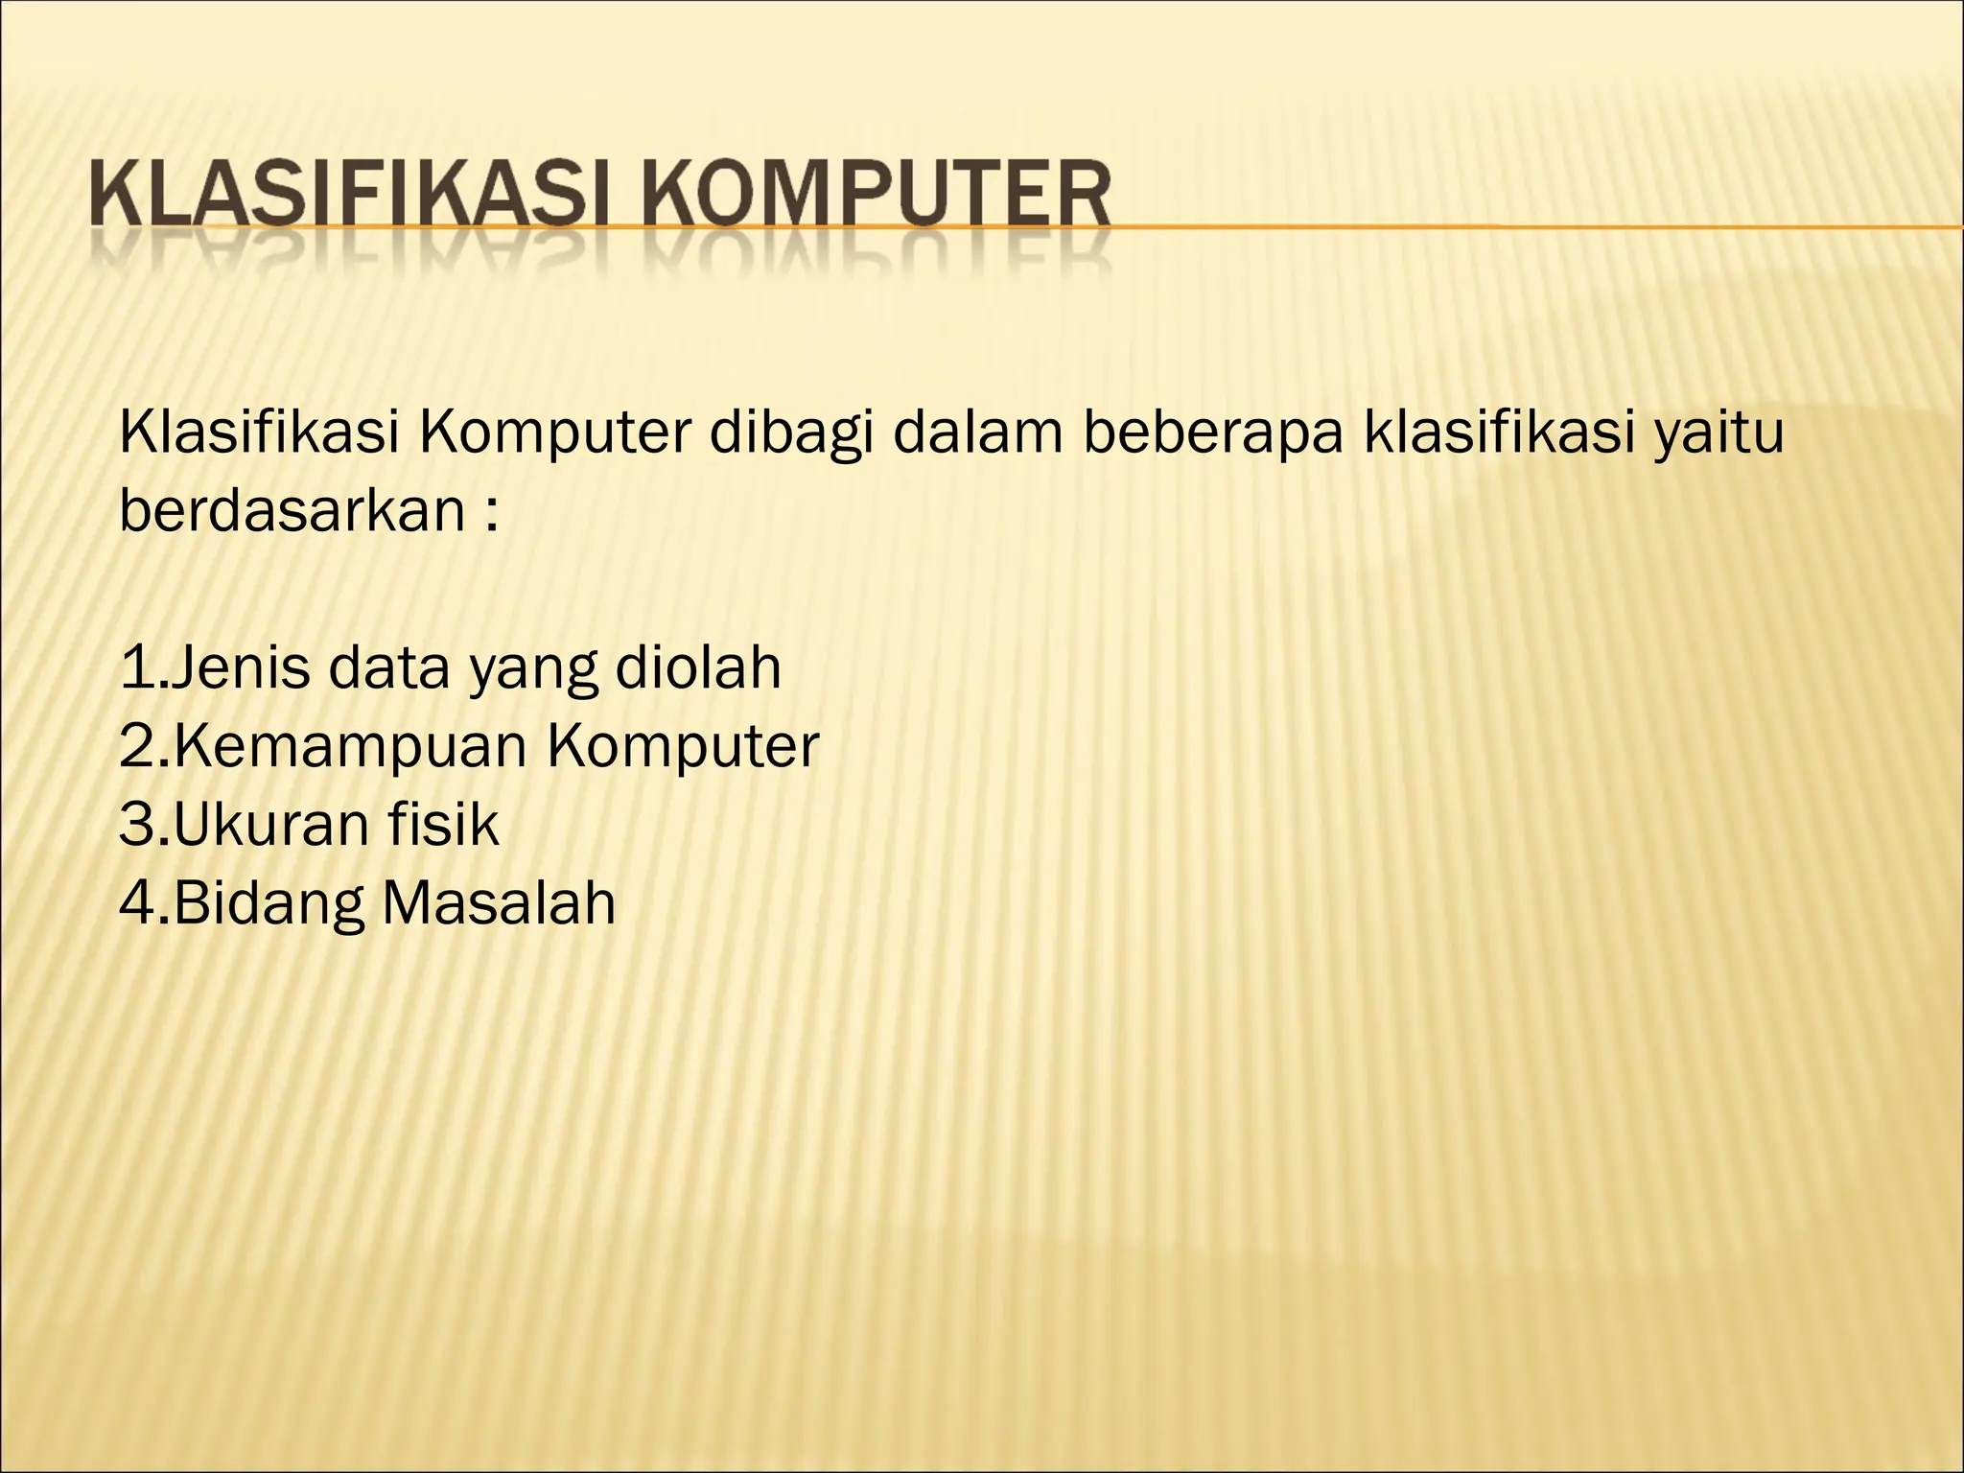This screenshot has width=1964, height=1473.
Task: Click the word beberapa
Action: [1211, 433]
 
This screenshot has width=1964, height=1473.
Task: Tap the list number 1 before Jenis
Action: [136, 667]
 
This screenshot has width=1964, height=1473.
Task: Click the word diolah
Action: [698, 667]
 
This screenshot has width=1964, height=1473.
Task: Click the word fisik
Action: [452, 824]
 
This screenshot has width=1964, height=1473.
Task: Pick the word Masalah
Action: [499, 901]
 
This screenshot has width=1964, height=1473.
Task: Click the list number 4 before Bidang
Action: [137, 902]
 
